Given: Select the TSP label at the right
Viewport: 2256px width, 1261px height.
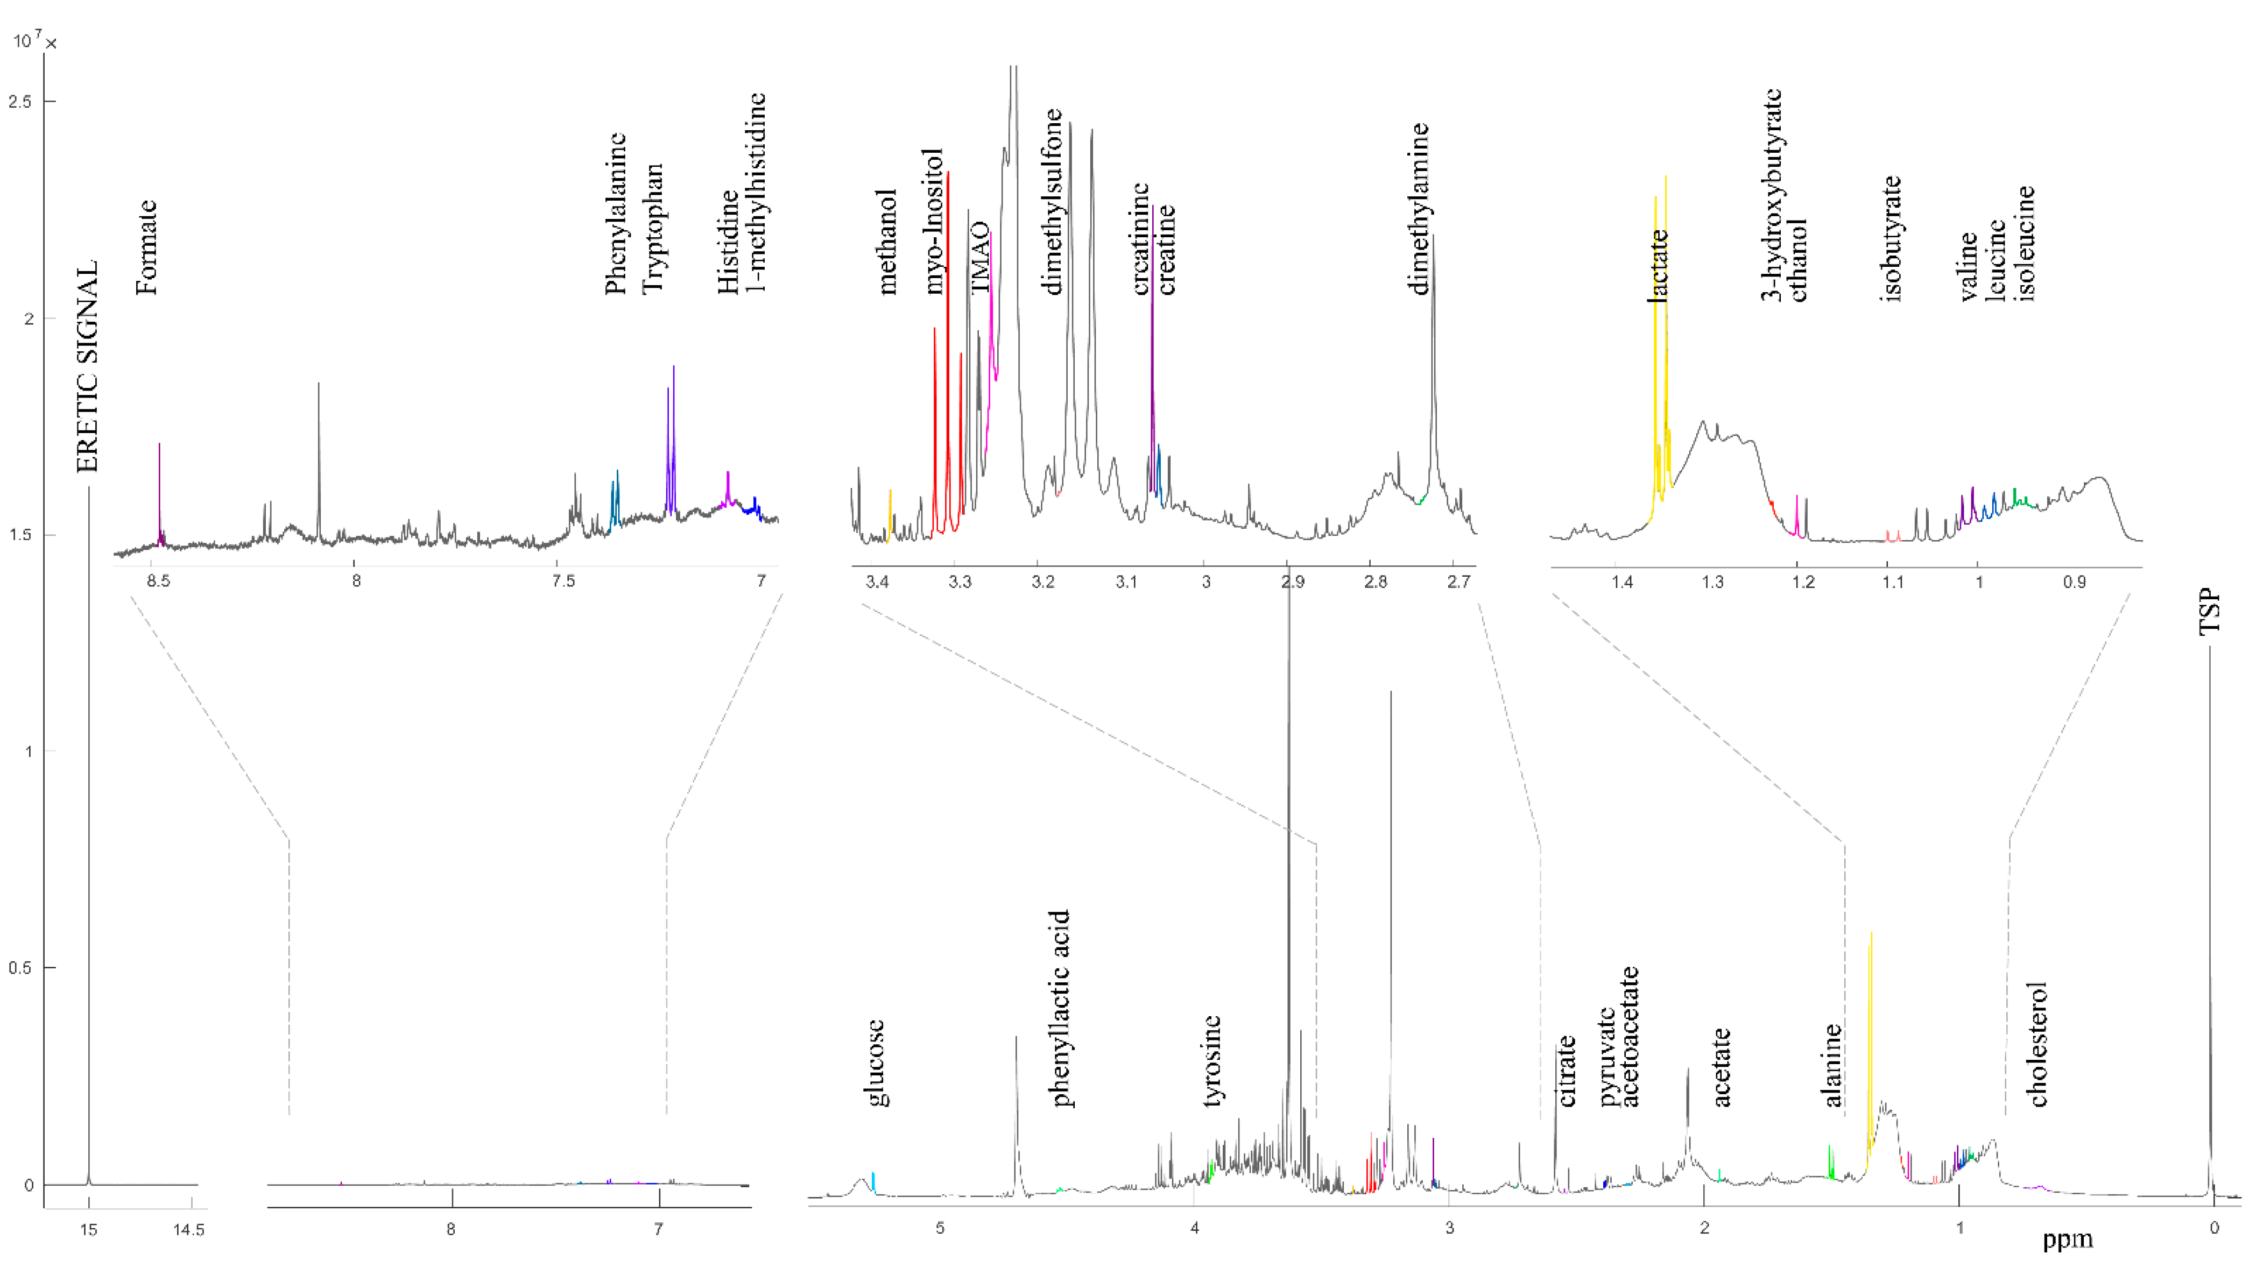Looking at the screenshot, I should pos(2210,612).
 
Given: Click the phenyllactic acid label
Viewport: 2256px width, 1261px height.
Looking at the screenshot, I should pos(1061,1009).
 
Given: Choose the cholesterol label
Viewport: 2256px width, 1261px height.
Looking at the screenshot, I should pos(2038,1044).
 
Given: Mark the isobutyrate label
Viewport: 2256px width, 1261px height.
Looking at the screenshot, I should pos(1892,238).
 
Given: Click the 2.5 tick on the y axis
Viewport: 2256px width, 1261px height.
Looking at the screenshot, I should pos(19,102).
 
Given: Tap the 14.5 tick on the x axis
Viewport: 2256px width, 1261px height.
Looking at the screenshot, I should pos(188,1229).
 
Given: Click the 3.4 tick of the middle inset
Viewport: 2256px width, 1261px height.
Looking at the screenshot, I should pos(878,582).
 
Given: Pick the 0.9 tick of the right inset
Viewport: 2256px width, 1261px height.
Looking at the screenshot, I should pos(2074,582).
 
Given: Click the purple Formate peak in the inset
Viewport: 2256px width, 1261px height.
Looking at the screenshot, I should pos(159,491).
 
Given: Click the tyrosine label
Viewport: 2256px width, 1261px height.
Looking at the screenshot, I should pos(1212,1061).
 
